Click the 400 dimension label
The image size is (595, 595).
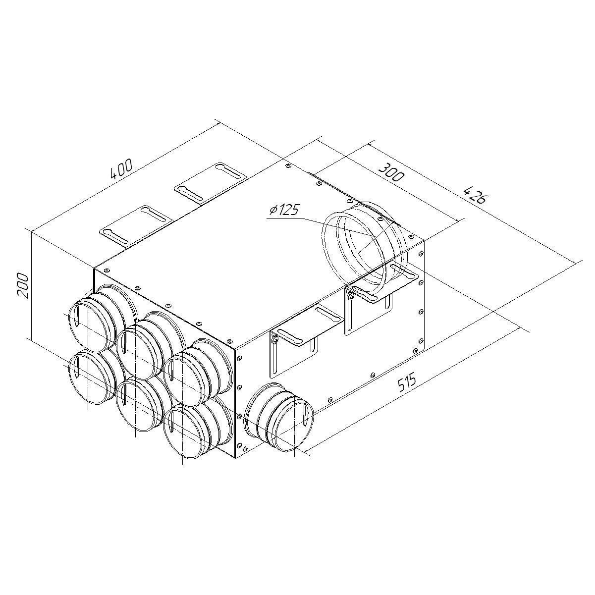pos(121,169)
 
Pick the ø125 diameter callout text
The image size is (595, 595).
pos(284,211)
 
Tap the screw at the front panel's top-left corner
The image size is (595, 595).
pos(106,270)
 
